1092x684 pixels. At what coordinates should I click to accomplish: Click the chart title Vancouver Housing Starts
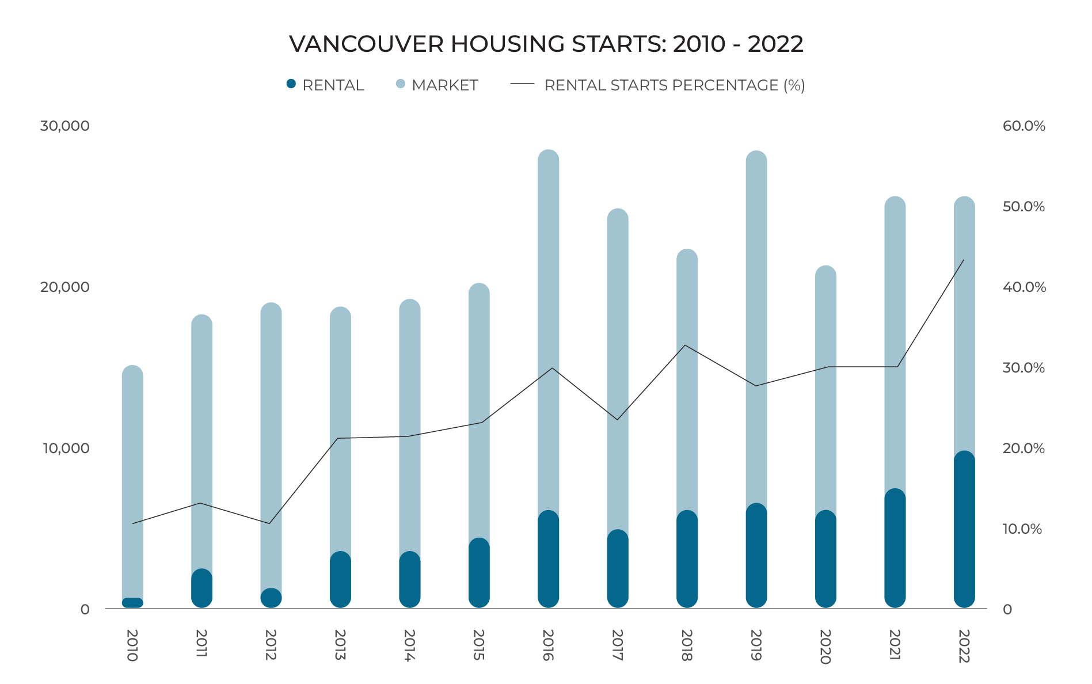[546, 44]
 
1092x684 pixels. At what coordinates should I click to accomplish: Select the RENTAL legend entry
[325, 85]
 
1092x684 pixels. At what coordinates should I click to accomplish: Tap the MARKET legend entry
[437, 85]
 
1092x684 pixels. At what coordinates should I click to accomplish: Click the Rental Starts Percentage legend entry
[657, 85]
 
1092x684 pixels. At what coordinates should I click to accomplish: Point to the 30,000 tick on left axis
[64, 126]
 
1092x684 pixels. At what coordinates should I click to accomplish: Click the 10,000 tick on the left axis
[66, 448]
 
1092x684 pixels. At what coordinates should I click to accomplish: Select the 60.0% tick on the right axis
[1023, 126]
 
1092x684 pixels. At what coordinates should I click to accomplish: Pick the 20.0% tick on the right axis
[1023, 448]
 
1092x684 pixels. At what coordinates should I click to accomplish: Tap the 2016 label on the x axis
[547, 645]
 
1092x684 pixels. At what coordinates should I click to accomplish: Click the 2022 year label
[964, 646]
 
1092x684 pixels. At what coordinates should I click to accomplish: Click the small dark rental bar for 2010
[132, 603]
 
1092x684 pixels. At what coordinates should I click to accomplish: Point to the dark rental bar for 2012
[271, 598]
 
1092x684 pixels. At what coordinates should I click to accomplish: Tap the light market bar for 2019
[756, 322]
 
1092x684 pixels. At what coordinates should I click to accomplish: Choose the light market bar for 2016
[549, 322]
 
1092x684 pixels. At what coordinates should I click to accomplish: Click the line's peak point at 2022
[964, 260]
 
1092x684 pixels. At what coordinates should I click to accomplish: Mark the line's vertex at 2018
[685, 345]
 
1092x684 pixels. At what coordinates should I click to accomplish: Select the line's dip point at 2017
[618, 419]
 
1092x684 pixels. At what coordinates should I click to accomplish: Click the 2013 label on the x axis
[340, 645]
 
